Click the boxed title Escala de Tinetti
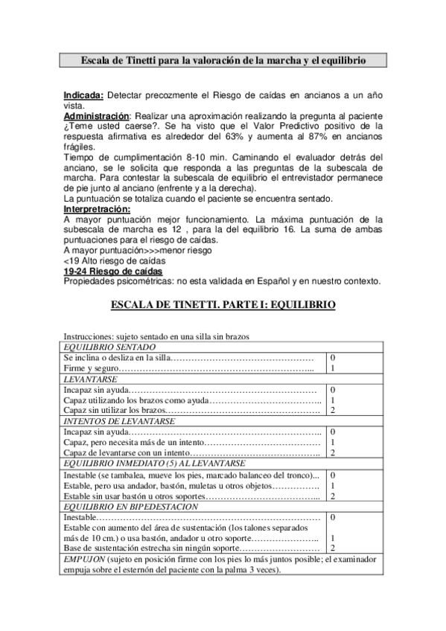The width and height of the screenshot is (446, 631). pyautogui.click(x=223, y=60)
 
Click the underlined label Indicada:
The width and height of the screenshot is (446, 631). pyautogui.click(x=84, y=96)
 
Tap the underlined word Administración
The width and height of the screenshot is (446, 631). pyautogui.click(x=97, y=117)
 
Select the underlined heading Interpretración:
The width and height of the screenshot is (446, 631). pyautogui.click(x=101, y=210)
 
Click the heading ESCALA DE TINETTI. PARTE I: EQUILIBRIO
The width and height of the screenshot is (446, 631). pyautogui.click(x=223, y=305)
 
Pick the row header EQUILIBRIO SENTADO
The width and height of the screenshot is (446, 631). pyautogui.click(x=109, y=347)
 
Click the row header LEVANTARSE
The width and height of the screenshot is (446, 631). pyautogui.click(x=89, y=379)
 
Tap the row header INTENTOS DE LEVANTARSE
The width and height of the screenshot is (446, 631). pyautogui.click(x=119, y=420)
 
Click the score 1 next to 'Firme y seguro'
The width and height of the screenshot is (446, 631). pyautogui.click(x=333, y=368)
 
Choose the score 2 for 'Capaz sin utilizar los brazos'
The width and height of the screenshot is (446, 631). pyautogui.click(x=333, y=410)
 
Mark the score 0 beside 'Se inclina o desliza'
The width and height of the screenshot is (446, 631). pyautogui.click(x=333, y=358)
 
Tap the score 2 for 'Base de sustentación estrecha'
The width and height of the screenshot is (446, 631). pyautogui.click(x=333, y=548)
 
